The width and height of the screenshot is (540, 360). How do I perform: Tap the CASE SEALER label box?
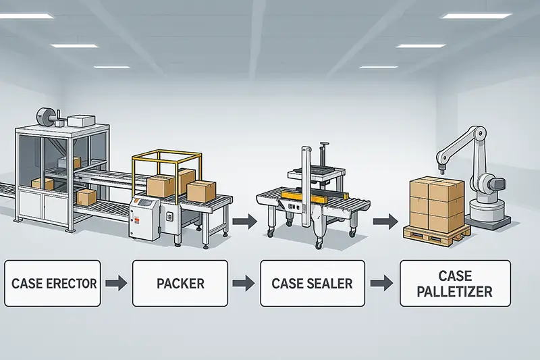312,283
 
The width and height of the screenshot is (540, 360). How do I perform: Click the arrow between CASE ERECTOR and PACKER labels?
116,283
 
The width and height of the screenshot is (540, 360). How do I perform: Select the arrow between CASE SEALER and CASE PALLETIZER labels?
383,283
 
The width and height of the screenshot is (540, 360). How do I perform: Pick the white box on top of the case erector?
79,120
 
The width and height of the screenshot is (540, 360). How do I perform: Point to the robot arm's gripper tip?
441,162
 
